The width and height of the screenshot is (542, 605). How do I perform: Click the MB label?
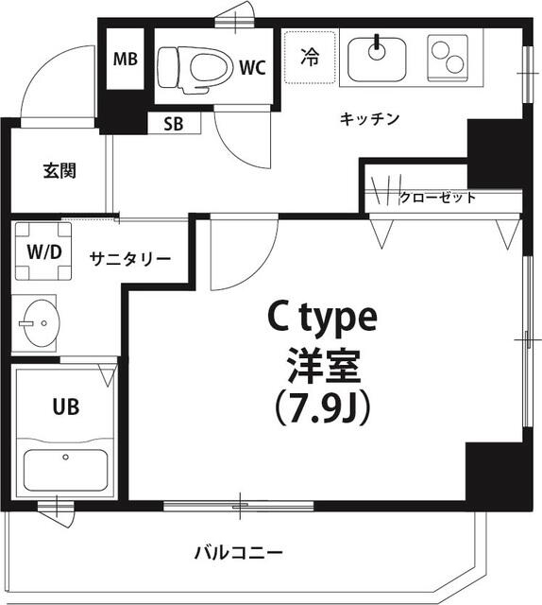pyautogui.click(x=126, y=60)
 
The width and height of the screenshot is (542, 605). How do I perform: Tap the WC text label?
pyautogui.click(x=251, y=67)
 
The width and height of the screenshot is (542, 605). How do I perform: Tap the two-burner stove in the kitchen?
pyautogui.click(x=447, y=56)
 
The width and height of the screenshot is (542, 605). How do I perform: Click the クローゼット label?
pyautogui.click(x=437, y=198)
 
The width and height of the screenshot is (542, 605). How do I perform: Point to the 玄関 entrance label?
pyautogui.click(x=59, y=171)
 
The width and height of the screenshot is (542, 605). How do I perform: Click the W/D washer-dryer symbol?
pyautogui.click(x=42, y=252)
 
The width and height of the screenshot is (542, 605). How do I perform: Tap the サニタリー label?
pyautogui.click(x=130, y=258)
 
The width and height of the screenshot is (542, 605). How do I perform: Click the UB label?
pyautogui.click(x=65, y=407)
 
